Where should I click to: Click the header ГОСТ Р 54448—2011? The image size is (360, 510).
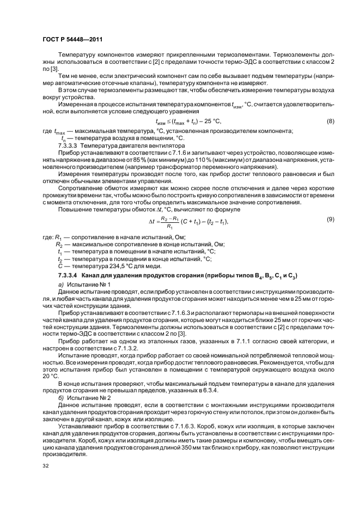pos(72,39)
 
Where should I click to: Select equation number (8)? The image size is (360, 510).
pos(330,120)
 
